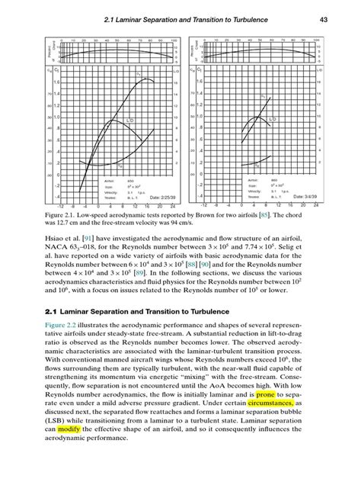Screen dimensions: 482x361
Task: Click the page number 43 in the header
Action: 322,18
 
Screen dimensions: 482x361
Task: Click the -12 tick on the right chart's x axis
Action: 203,206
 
